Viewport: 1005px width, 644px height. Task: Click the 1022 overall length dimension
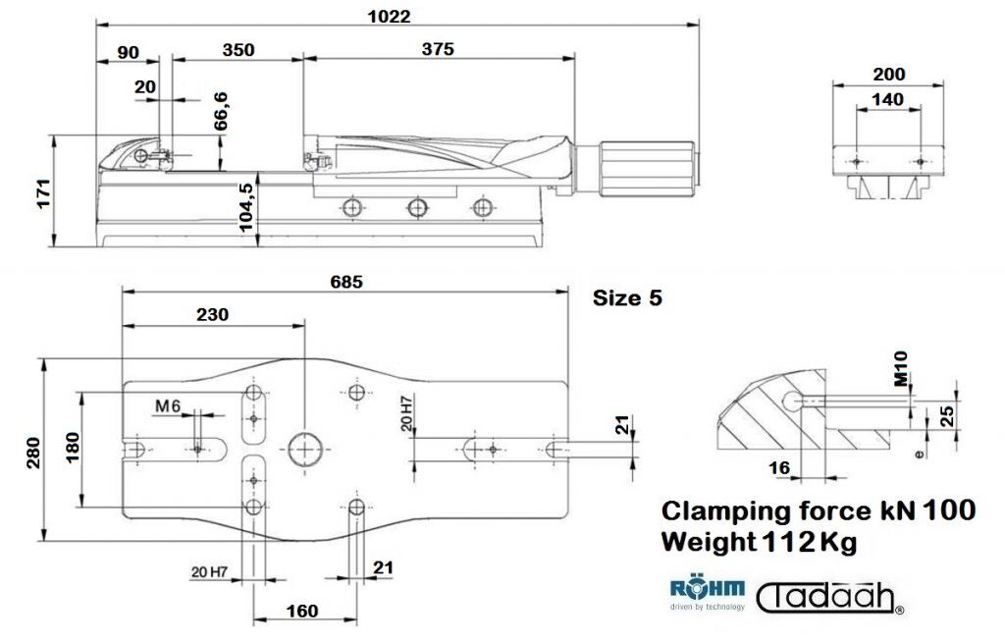pos(389,16)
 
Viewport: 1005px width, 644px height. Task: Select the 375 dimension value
pos(438,49)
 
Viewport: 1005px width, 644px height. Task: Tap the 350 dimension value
pos(238,50)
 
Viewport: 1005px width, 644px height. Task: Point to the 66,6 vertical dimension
pos(221,111)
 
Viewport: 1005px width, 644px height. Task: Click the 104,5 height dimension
pos(245,206)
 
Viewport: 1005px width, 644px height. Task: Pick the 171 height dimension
pos(43,193)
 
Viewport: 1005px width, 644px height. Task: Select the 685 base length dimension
pos(346,282)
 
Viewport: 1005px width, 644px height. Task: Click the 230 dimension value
pos(212,315)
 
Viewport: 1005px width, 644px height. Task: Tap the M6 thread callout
pos(168,406)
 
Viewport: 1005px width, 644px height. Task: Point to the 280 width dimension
pos(33,453)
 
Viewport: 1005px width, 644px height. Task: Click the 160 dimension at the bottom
pos(302,611)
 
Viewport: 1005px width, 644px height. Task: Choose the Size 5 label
pos(627,298)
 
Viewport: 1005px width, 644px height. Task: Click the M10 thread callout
pos(901,369)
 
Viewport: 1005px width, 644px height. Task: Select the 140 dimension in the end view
pos(888,99)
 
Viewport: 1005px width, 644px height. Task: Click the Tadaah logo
pos(830,598)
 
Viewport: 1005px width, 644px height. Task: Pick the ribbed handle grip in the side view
pos(648,170)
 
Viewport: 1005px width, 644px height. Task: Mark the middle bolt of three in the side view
pos(417,208)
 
